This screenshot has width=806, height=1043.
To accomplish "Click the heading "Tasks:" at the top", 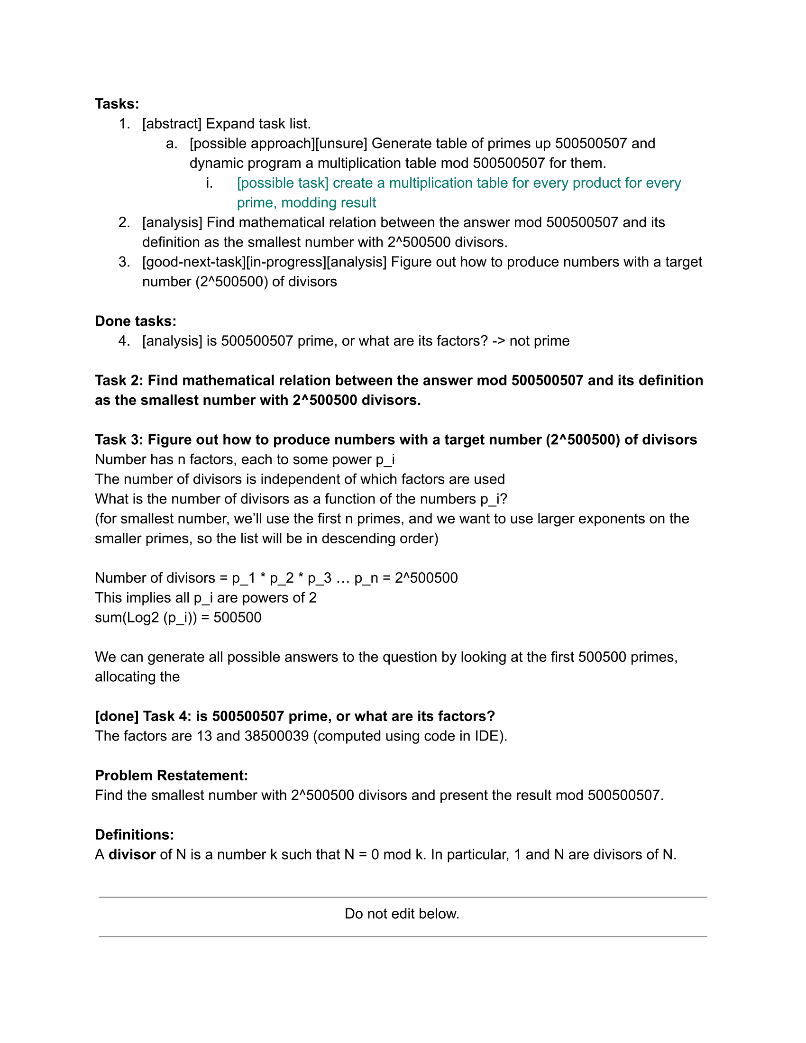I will [117, 104].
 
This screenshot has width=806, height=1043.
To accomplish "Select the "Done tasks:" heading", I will [136, 321].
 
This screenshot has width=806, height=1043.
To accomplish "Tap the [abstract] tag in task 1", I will [172, 124].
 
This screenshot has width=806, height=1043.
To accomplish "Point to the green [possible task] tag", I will [283, 183].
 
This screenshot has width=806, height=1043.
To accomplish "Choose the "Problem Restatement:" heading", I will [172, 776].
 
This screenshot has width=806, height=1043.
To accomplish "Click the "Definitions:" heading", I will [134, 835].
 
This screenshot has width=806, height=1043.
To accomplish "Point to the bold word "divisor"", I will [132, 854].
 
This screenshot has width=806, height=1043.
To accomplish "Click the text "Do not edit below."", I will [402, 914].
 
